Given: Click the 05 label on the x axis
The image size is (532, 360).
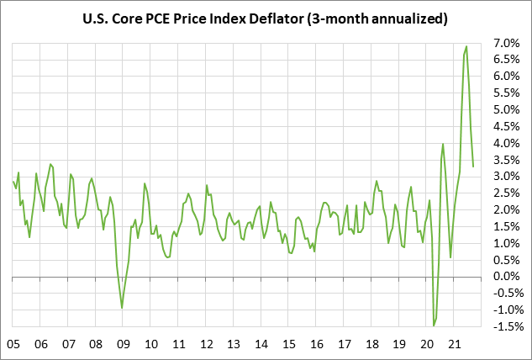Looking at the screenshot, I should tap(13, 344).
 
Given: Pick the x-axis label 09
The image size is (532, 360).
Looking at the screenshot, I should tap(123, 344).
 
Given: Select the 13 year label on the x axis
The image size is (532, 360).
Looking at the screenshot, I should tap(234, 344).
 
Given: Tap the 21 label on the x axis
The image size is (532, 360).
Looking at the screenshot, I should tap(454, 344).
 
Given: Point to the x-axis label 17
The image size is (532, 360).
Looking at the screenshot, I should tap(344, 344).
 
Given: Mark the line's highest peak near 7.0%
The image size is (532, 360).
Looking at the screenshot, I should tap(467, 46).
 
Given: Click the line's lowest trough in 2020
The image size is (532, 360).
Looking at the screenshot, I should tap(434, 326).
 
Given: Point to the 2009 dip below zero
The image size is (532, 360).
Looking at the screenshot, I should tap(122, 308).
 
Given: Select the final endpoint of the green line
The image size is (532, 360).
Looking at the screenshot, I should tap(474, 166).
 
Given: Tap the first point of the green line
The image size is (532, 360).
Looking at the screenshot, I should tap(13, 181).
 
